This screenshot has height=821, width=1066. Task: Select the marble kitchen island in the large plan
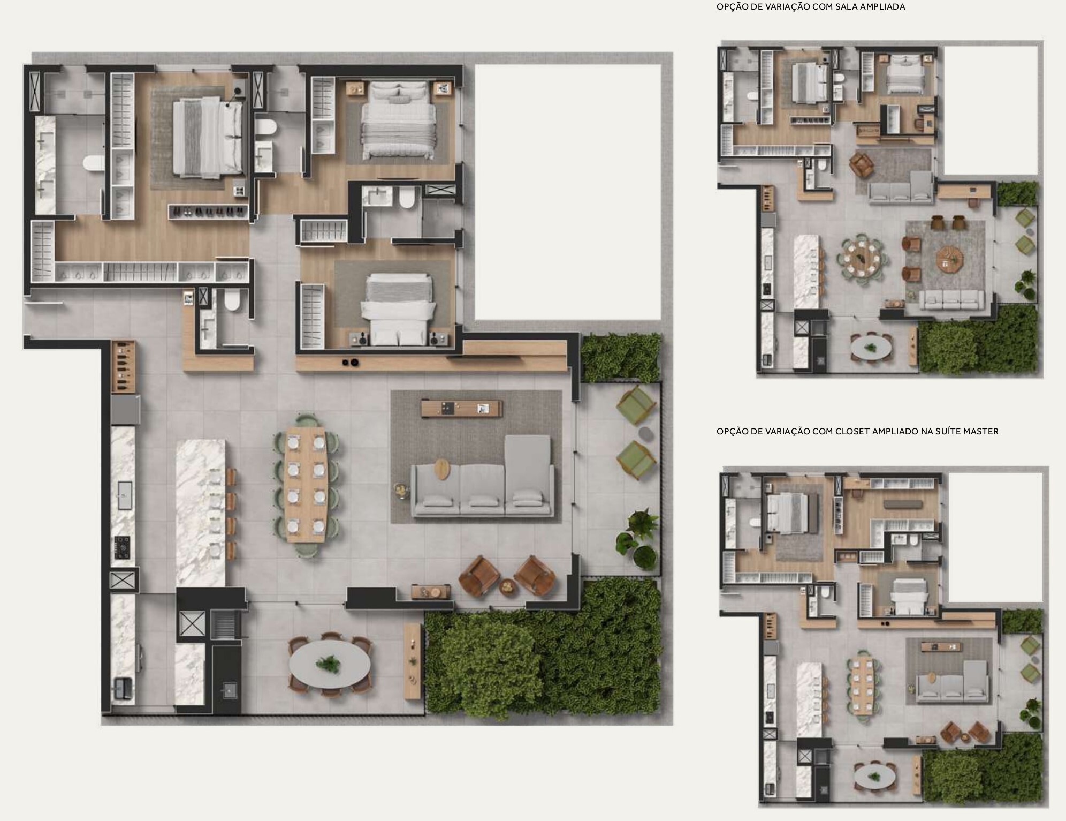[201, 513]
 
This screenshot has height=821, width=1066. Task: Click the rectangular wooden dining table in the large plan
[305, 485]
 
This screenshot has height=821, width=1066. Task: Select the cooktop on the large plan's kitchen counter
[123, 547]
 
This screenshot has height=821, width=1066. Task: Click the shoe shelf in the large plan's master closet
[208, 212]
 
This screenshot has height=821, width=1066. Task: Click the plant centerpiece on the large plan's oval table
[328, 664]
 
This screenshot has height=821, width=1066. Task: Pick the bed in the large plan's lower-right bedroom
[397, 309]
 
